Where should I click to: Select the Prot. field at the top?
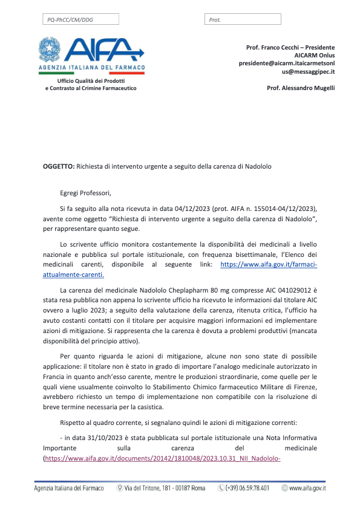[243, 19]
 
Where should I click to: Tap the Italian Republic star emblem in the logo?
[50, 48]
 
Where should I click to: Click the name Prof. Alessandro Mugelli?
[301, 88]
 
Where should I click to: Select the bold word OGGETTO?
[59, 166]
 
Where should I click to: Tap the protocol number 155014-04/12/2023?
[283, 207]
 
